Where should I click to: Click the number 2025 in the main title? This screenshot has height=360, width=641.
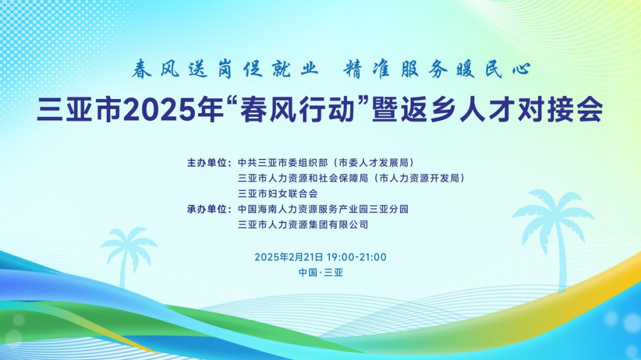[157, 110]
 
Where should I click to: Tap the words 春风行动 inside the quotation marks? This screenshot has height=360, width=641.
[297, 110]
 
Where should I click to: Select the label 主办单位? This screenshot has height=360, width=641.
[207, 163]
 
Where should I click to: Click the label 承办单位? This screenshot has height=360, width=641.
[207, 209]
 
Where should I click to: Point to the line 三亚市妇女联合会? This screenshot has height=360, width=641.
[278, 194]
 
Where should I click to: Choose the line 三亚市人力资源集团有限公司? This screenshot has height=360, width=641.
[303, 225]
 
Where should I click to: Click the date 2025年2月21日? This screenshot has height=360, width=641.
[289, 257]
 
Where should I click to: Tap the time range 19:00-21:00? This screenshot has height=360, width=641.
[357, 257]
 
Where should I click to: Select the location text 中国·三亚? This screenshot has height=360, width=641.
[320, 273]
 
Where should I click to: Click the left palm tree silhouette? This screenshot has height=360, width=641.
[128, 256]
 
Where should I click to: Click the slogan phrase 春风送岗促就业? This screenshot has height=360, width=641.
[224, 69]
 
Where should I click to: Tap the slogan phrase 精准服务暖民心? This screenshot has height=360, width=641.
[437, 69]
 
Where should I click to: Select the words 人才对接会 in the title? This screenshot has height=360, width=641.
[531, 110]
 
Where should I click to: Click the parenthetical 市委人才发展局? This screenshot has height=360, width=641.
[373, 163]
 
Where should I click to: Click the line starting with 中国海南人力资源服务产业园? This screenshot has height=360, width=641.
[323, 209]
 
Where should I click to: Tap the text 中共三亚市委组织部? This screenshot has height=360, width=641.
[283, 163]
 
